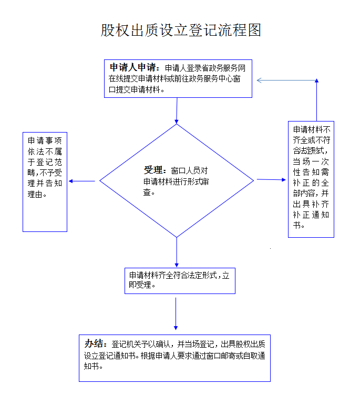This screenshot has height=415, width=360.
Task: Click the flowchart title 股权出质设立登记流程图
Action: pyautogui.click(x=181, y=30)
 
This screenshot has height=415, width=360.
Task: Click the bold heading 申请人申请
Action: pyautogui.click(x=133, y=67)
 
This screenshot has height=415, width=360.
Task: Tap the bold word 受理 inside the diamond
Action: pyautogui.click(x=153, y=170)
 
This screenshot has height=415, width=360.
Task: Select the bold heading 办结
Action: pyautogui.click(x=94, y=343)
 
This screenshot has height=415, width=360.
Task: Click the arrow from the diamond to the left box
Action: pyautogui.click(x=82, y=181)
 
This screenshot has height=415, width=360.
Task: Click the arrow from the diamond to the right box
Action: pyautogui.click(x=271, y=179)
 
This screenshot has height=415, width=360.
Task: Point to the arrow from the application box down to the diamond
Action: pyautogui.click(x=177, y=110)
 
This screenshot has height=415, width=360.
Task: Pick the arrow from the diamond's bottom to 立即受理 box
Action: pyautogui.click(x=177, y=252)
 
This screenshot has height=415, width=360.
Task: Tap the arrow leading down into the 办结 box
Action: pyautogui.click(x=176, y=313)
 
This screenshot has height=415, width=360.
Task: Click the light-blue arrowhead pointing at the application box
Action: pyautogui.click(x=259, y=80)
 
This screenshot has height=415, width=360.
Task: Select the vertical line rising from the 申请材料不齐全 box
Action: pyautogui.click(x=316, y=100)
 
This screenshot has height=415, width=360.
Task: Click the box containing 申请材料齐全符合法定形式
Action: pyautogui.click(x=180, y=281)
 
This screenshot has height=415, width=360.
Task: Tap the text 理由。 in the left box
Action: pyautogui.click(x=37, y=195)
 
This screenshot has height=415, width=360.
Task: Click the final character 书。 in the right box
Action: pyautogui.click(x=299, y=225)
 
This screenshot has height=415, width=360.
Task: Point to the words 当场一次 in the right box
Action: pyautogui.click(x=311, y=161)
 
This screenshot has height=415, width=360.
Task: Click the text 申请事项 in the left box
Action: pyautogui.click(x=45, y=140)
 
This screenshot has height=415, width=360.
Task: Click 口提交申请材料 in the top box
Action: pyautogui.click(x=135, y=90)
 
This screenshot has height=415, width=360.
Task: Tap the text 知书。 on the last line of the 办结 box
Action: pyautogui.click(x=94, y=366)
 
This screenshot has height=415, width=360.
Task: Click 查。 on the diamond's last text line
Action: pyautogui.click(x=149, y=192)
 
